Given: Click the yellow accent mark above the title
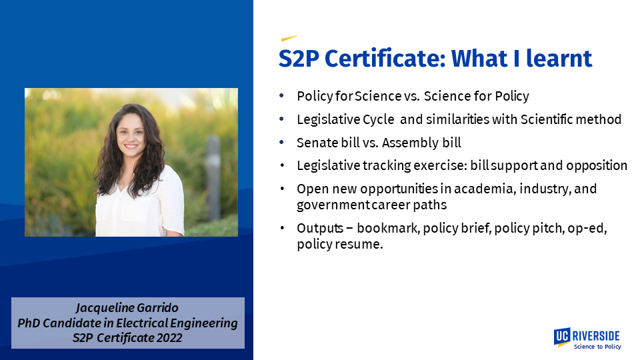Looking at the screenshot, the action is [x=289, y=39].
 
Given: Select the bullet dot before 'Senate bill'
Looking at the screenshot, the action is [x=281, y=142].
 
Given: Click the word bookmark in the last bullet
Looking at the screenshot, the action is [x=388, y=228].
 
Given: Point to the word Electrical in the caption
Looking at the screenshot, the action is [x=141, y=323].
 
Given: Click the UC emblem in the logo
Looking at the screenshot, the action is [x=562, y=337].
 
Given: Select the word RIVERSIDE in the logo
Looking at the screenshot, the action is [x=596, y=336].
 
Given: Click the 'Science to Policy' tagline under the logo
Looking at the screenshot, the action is [x=597, y=347].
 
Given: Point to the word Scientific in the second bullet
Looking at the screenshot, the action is [x=547, y=119].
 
